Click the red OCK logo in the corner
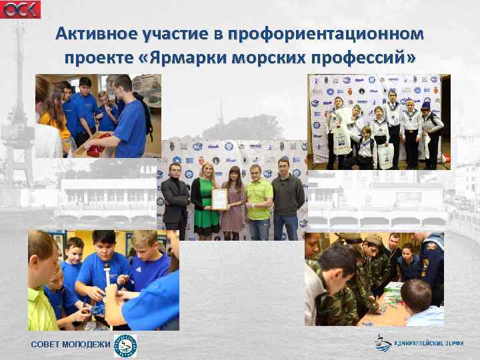click(x=20, y=9)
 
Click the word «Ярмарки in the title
click(x=189, y=58)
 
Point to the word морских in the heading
click(x=267, y=58)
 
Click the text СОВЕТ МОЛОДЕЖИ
click(x=70, y=344)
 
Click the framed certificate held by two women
click(x=220, y=198)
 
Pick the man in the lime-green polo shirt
click(x=259, y=200)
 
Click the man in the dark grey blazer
click(x=175, y=200)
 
